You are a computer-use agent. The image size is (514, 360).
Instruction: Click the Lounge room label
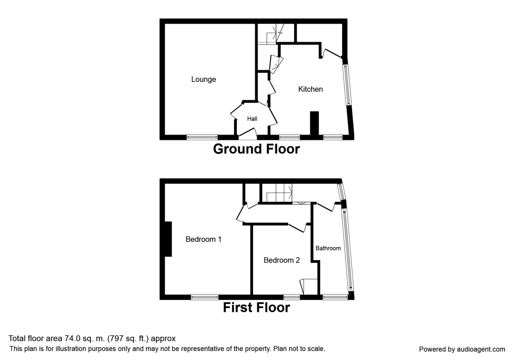(203, 79)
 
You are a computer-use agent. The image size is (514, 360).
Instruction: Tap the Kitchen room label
(311, 89)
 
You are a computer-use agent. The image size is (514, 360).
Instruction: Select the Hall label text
(251, 118)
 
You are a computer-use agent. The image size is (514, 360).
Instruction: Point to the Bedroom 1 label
(203, 239)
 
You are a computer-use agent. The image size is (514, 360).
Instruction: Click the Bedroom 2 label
(281, 260)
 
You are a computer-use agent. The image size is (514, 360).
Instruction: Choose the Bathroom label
(328, 248)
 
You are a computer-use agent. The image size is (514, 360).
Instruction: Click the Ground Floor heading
(256, 149)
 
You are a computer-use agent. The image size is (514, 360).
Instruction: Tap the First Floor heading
(256, 307)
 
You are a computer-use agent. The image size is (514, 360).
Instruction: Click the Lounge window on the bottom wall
(202, 137)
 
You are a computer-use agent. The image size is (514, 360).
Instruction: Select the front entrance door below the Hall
(248, 138)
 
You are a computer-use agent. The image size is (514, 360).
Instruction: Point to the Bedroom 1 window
(205, 296)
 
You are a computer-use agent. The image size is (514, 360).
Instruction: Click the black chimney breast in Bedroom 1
(168, 239)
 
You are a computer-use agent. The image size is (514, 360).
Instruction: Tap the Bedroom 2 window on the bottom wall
(292, 296)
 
